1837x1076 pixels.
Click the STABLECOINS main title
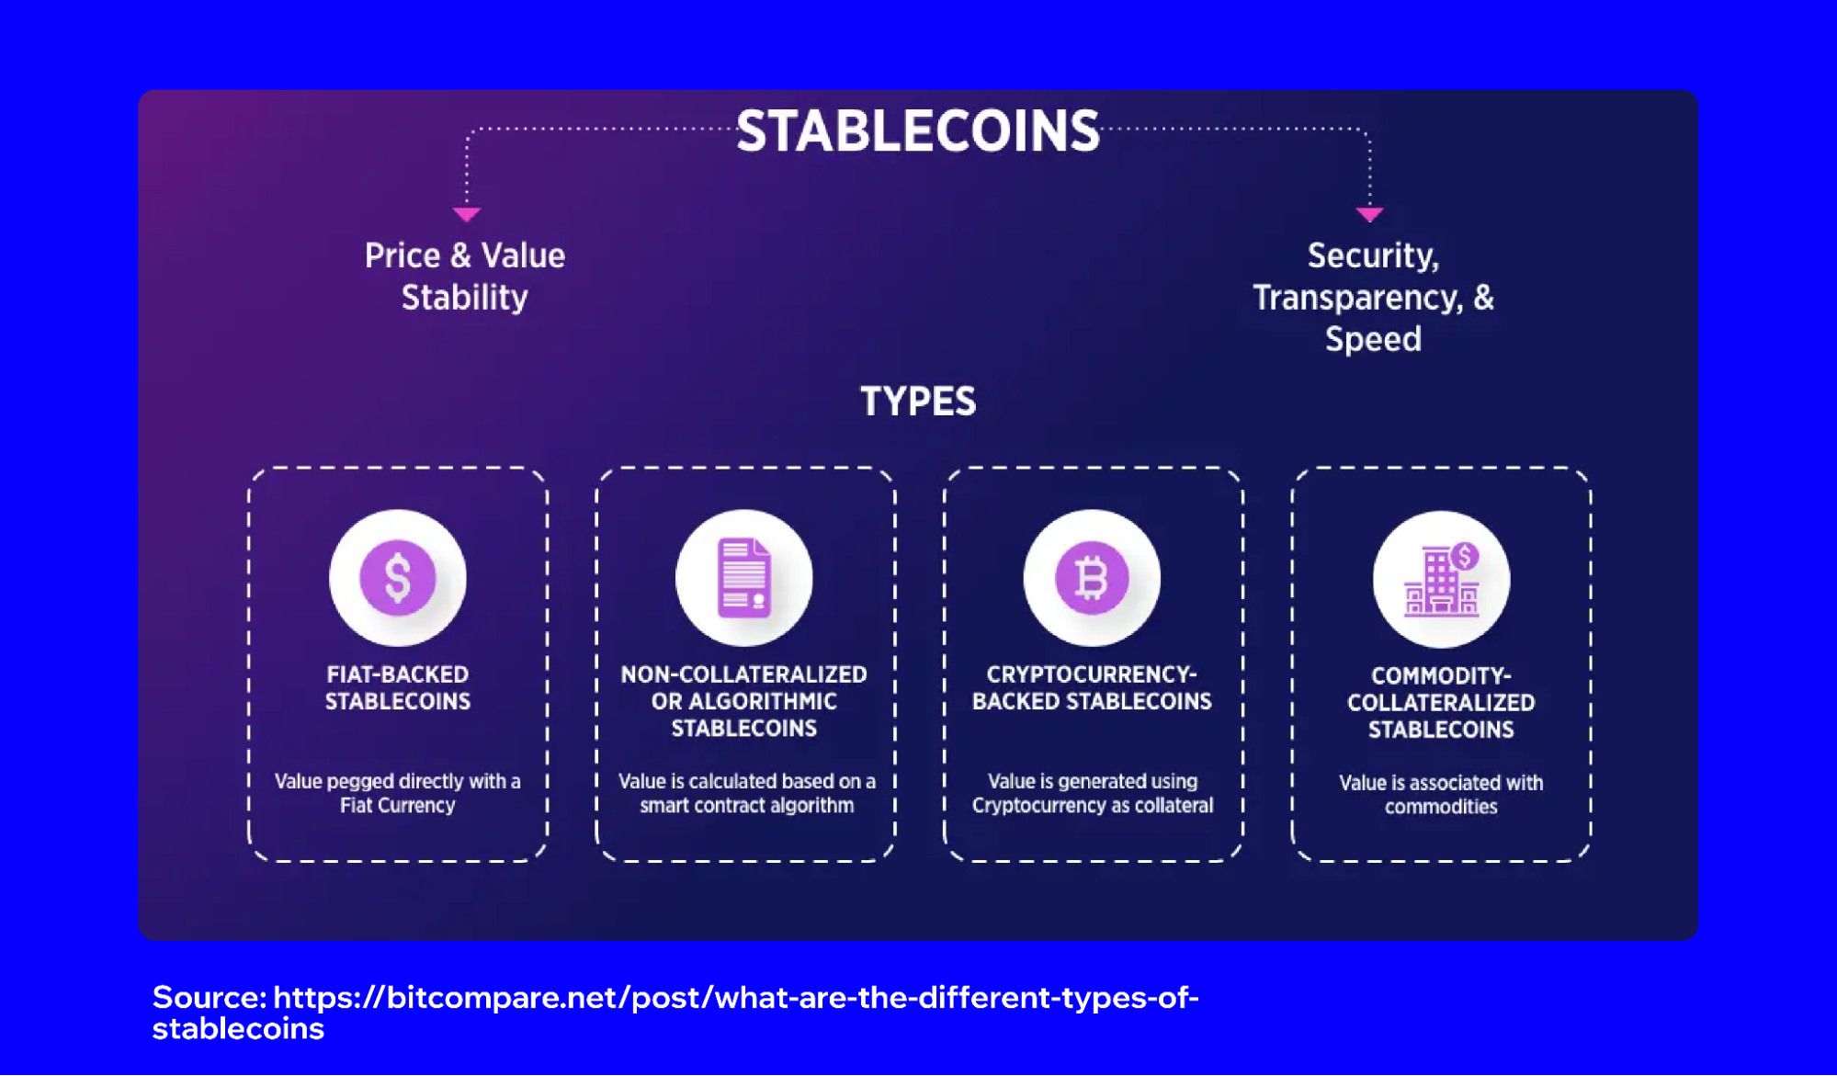(917, 131)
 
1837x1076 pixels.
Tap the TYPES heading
(917, 402)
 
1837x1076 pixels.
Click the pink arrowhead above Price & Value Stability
(467, 214)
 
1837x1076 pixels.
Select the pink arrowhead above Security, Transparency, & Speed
(1369, 214)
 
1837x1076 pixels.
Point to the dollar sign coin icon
(398, 578)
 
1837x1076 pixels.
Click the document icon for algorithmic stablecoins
(744, 578)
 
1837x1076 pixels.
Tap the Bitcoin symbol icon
(1092, 578)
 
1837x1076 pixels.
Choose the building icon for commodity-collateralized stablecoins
(1441, 580)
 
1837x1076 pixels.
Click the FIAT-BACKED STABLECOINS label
(398, 687)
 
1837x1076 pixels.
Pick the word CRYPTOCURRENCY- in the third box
(1092, 674)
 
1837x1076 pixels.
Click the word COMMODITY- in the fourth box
(1441, 676)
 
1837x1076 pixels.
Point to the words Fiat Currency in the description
(398, 806)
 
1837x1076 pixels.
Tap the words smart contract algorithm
(746, 806)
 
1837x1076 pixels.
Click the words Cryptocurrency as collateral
(1092, 806)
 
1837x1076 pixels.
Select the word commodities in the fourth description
(1441, 807)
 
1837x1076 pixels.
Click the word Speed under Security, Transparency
(1373, 339)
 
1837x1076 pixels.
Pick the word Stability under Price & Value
(465, 298)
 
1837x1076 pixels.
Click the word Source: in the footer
(210, 997)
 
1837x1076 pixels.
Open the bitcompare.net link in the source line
(735, 998)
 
